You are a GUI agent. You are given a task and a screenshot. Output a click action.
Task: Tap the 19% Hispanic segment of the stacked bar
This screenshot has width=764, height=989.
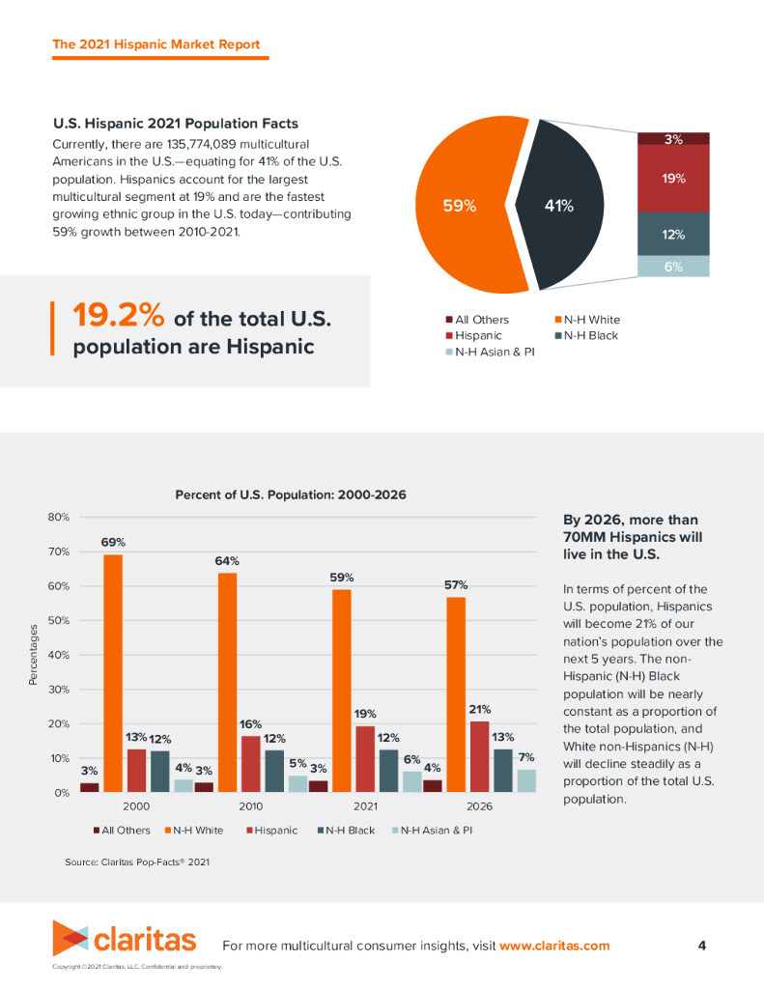(x=674, y=179)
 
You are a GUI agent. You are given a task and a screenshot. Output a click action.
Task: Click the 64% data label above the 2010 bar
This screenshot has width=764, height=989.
(x=227, y=560)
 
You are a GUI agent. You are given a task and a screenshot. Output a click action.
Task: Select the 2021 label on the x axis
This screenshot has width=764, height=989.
(x=365, y=805)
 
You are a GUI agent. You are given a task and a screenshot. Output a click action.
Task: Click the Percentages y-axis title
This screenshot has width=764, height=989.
(x=33, y=656)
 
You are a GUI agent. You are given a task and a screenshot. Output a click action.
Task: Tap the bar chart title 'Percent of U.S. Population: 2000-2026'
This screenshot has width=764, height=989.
(x=290, y=494)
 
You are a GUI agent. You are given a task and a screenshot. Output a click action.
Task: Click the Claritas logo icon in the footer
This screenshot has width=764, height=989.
(x=71, y=939)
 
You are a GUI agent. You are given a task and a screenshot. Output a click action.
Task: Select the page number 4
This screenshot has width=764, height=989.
(x=702, y=945)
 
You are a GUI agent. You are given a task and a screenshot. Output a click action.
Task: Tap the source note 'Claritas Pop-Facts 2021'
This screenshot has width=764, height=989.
(x=137, y=862)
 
